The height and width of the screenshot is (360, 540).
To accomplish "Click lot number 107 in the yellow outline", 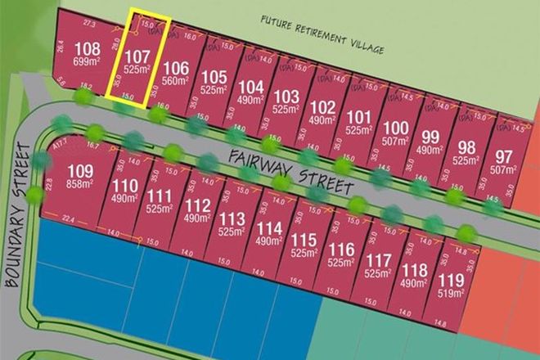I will (x=137, y=56).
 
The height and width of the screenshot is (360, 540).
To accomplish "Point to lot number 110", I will (x=126, y=185).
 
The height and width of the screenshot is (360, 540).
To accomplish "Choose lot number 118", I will (x=418, y=269).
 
